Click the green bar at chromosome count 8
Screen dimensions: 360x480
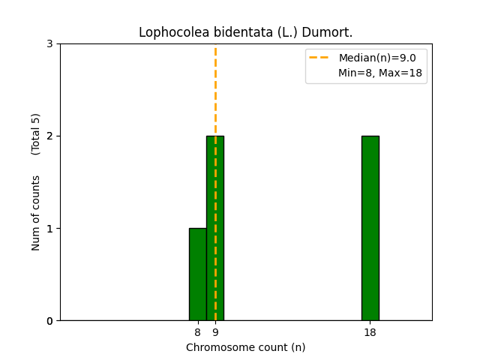197,274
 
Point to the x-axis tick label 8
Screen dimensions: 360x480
197,332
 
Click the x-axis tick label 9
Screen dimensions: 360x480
215,332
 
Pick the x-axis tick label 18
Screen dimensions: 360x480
370,332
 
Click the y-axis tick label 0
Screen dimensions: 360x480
49,321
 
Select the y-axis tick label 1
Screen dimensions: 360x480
49,229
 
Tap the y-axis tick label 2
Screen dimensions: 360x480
49,136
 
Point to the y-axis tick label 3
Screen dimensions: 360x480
49,44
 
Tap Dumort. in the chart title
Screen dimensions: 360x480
328,32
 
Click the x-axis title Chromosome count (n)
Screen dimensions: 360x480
245,347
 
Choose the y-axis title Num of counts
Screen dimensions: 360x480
36,212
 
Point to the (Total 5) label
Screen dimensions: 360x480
36,134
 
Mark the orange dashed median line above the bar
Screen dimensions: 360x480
215,90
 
